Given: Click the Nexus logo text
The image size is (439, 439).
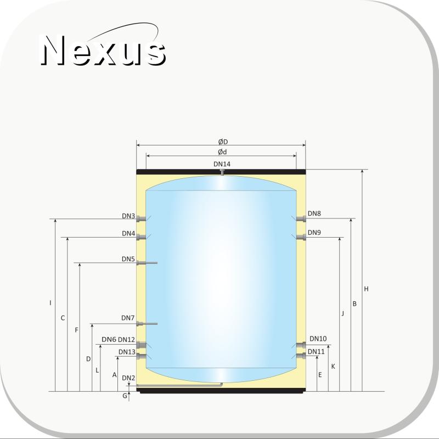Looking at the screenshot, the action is [103, 50].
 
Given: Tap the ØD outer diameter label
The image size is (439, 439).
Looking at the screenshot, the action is [223, 142].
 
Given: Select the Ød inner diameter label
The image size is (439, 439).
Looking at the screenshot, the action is [222, 152].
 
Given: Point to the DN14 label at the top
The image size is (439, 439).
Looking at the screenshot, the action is [222, 164].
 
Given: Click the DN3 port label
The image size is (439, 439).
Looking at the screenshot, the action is [128, 216].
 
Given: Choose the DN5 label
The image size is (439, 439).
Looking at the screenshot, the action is [128, 259].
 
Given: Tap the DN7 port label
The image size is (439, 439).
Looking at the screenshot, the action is [128, 318].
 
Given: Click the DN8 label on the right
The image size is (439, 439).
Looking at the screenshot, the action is [314, 213].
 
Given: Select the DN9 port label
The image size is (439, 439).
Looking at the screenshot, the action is [314, 232].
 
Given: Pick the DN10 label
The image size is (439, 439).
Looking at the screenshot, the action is [318, 339].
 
